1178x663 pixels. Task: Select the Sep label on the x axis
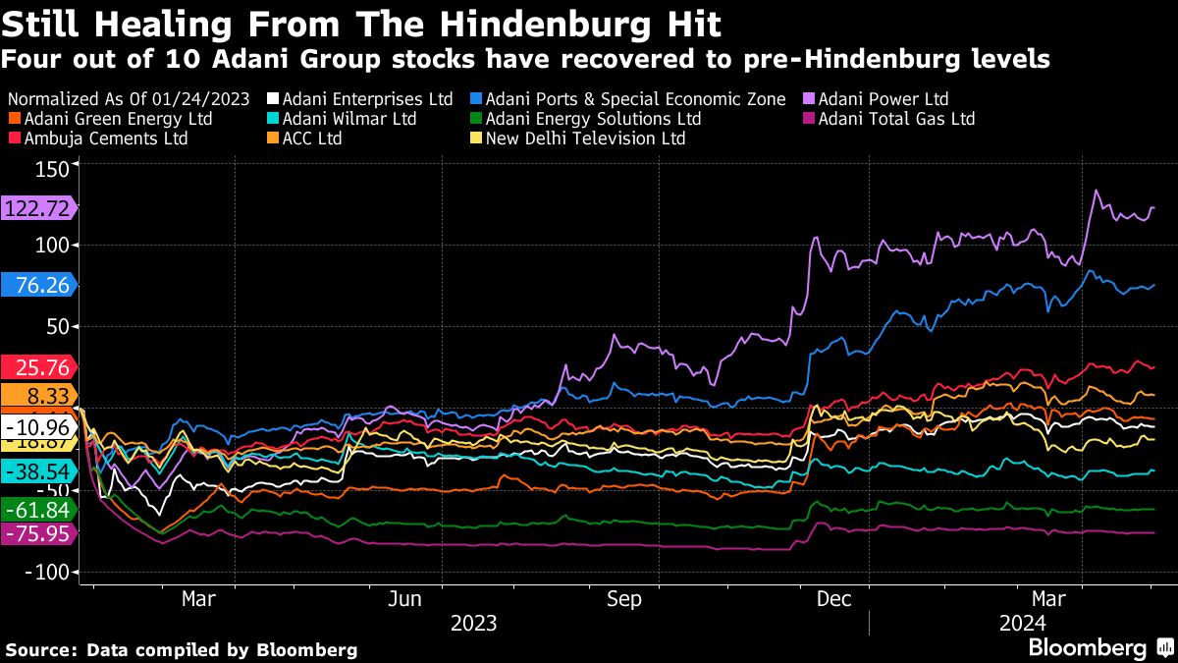[624, 599]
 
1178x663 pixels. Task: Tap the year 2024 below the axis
[1023, 623]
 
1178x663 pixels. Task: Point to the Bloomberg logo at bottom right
[1099, 648]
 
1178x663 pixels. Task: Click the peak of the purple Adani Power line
[1096, 191]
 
